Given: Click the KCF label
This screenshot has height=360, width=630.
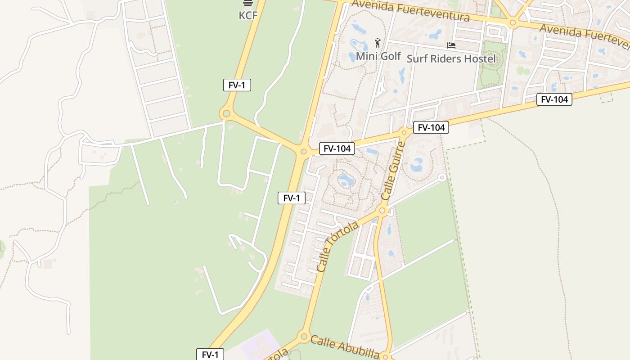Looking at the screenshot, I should pos(248,15).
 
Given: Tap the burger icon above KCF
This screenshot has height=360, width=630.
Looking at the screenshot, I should pos(247,3).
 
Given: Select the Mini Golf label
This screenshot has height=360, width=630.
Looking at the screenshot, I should pos(378,56).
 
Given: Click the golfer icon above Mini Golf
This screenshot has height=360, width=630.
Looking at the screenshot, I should pos(378,43).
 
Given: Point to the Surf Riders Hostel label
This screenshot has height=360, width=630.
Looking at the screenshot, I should pos(451,58).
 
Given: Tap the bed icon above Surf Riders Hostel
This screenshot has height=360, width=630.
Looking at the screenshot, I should pos(451,45).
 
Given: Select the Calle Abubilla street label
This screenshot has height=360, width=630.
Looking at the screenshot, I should pos(345,347).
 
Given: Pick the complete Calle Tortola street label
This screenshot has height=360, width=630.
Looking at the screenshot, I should pos(337,246).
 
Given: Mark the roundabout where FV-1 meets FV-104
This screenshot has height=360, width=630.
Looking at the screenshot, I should pos(303,152).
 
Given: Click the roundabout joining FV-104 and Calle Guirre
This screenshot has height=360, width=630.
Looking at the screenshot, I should pos(404,132).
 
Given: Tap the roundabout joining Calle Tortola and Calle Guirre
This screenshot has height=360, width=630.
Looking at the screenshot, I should pos(382,210).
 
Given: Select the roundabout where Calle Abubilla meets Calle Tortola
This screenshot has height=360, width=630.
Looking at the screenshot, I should pos(304,336).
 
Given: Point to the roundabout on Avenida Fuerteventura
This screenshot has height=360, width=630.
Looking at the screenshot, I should pos(513,22).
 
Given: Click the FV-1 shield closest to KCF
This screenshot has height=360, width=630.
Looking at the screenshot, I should pos(237,85).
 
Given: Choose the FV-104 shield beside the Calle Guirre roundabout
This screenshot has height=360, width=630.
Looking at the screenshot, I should pos(431,128).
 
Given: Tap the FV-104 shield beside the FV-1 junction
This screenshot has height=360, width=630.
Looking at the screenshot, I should pos(337,148).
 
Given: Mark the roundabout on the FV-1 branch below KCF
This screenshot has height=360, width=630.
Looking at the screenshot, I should pos(226,113).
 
